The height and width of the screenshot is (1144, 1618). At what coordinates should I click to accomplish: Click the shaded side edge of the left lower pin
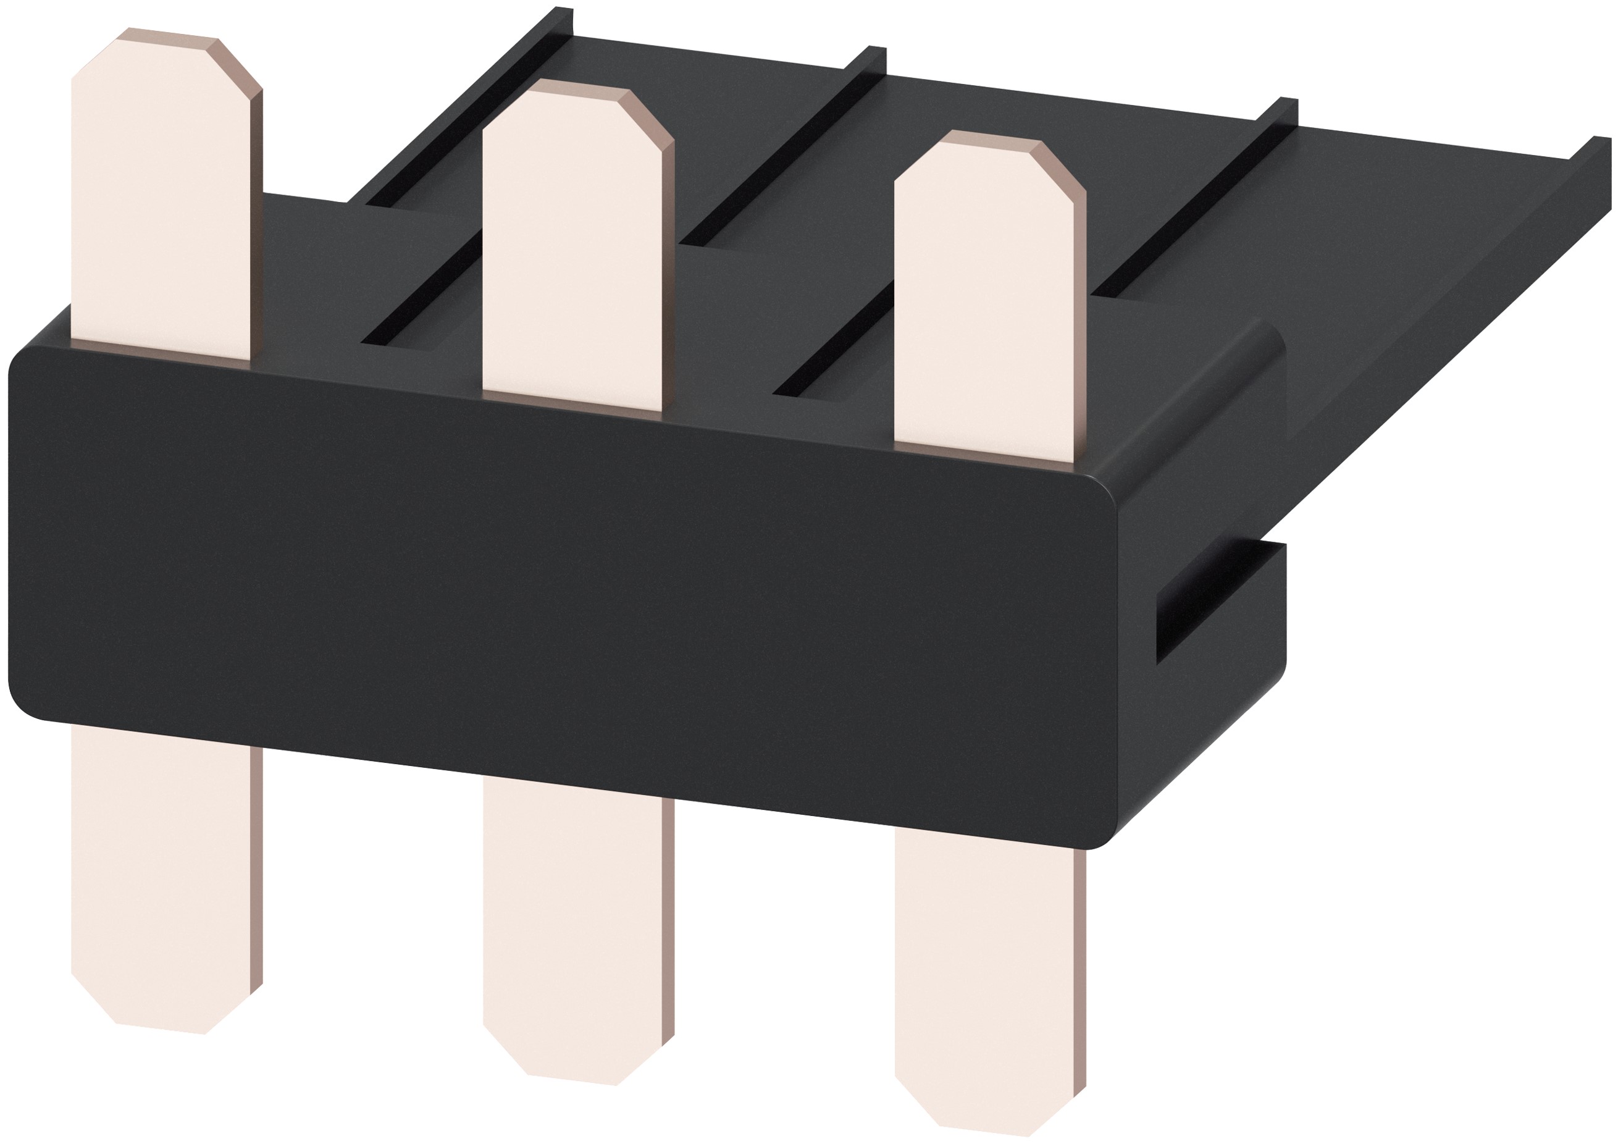coord(256,867)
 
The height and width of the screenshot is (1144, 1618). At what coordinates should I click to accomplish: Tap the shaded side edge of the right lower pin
coord(1079,973)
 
